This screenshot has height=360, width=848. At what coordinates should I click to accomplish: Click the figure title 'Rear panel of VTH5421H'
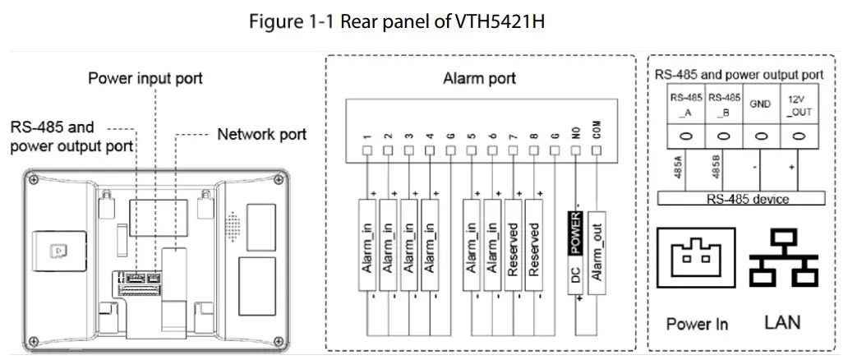tap(397, 22)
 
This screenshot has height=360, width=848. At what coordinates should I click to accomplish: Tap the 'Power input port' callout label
tap(145, 79)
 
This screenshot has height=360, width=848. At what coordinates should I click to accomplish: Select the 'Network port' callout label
tap(261, 134)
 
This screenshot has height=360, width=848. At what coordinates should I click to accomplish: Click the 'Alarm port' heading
tap(479, 79)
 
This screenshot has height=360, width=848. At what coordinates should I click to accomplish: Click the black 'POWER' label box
tap(575, 232)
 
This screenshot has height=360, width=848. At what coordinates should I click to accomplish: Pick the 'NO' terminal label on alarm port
tap(576, 134)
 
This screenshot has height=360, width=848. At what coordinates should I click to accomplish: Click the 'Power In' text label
tap(697, 324)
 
